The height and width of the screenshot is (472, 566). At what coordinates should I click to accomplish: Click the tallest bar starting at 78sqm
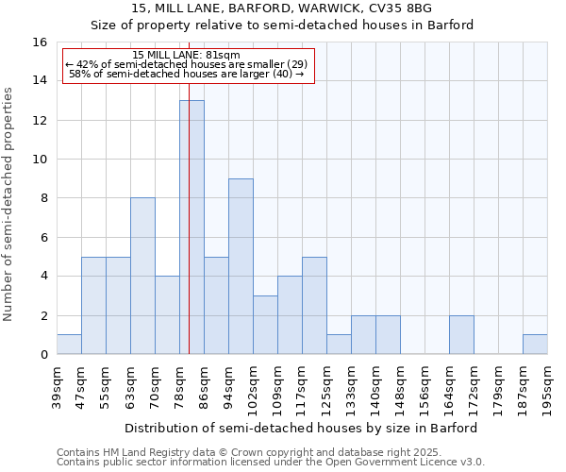[191, 227]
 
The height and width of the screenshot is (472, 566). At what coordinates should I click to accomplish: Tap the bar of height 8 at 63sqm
[142, 276]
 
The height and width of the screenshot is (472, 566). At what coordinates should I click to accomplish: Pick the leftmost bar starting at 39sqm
[69, 345]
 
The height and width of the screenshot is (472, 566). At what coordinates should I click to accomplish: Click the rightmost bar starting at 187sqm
[535, 345]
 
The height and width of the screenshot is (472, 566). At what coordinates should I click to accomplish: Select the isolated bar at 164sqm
[461, 335]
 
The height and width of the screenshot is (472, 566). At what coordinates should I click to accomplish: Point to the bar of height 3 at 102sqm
[265, 325]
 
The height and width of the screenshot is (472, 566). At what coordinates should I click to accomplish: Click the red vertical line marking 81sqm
[189, 236]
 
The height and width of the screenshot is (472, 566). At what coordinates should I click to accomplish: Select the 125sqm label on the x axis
[327, 384]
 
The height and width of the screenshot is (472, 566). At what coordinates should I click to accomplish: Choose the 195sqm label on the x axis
[548, 384]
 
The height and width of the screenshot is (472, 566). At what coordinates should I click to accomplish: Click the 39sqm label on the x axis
[58, 384]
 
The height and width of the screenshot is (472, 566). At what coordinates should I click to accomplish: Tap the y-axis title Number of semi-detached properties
[9, 203]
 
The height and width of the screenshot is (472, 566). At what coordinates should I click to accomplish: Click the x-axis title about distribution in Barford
[301, 428]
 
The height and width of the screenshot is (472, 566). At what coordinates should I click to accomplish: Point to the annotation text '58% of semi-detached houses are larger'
[187, 74]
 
